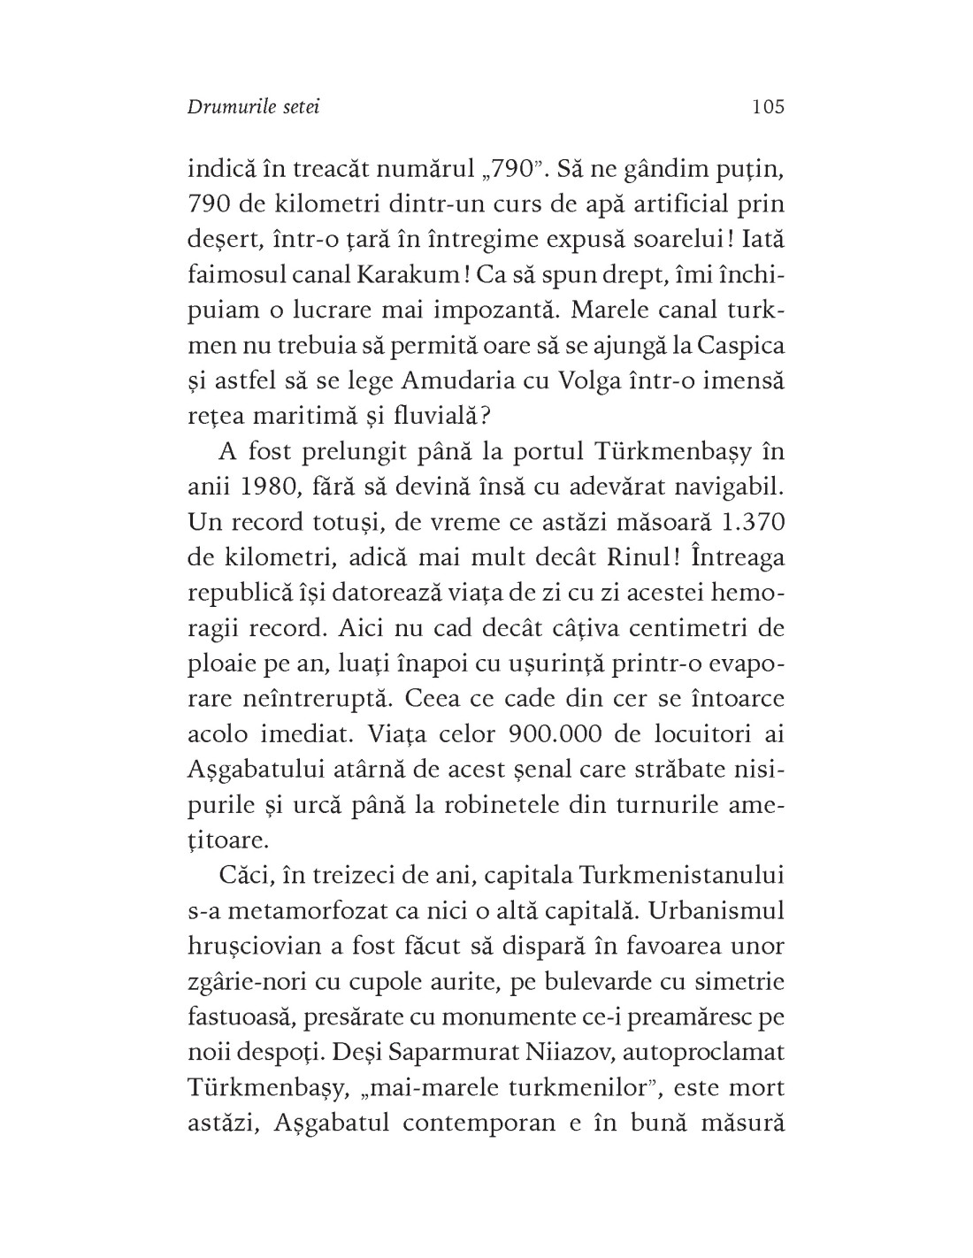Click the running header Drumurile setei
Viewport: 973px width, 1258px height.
pos(254,107)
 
